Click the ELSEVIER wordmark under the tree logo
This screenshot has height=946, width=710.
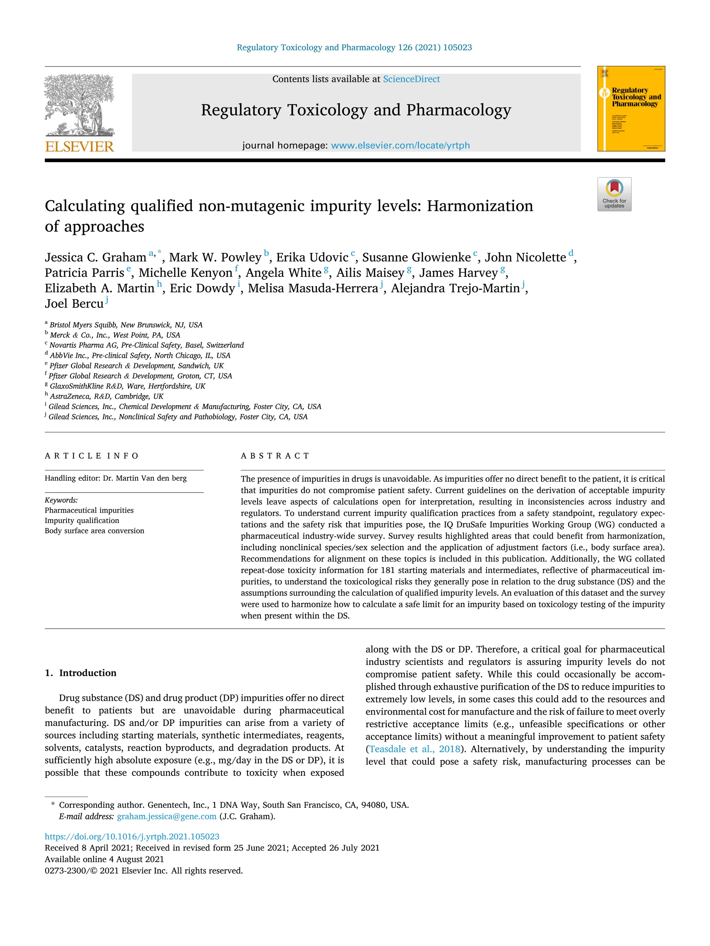point(80,147)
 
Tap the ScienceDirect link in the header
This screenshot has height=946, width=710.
point(411,79)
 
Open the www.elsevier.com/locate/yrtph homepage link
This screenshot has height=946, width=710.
point(400,145)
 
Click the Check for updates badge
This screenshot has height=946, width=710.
point(614,194)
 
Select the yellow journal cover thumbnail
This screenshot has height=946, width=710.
point(631,109)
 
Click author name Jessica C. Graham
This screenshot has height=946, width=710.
point(95,257)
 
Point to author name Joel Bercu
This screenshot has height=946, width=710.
point(74,304)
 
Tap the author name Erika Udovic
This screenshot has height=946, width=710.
point(312,257)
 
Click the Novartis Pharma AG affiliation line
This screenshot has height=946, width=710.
point(146,345)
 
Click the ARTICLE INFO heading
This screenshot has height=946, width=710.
point(92,456)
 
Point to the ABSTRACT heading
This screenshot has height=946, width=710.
point(275,456)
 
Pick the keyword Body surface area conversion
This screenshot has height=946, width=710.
point(94,531)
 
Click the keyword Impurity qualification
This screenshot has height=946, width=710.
point(82,521)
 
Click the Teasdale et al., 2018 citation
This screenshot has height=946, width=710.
point(414,749)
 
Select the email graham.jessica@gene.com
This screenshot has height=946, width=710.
point(166,816)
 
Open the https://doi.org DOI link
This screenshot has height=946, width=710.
point(132,837)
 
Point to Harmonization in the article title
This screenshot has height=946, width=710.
point(480,206)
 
